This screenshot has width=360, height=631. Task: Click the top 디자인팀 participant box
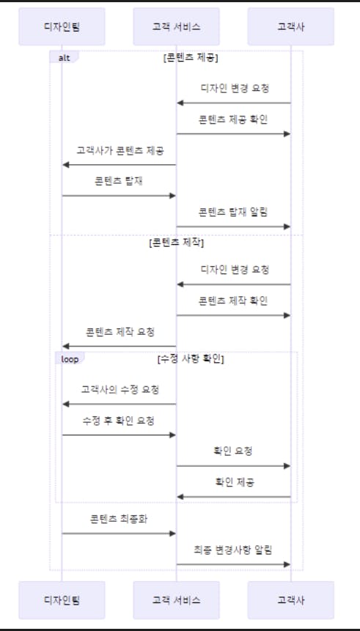[x=62, y=26]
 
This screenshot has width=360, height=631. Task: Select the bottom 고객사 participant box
[x=291, y=600]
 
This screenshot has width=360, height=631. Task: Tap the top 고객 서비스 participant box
[x=177, y=26]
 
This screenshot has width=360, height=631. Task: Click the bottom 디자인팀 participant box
[x=62, y=600]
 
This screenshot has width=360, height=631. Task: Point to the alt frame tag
[x=64, y=58]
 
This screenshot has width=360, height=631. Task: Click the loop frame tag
[x=70, y=358]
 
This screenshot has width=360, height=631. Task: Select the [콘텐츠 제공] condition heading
[x=191, y=58]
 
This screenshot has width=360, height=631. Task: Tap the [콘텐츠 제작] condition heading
[x=177, y=243]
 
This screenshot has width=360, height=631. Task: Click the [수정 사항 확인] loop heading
[x=191, y=359]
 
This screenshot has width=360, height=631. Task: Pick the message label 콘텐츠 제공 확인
[x=233, y=120]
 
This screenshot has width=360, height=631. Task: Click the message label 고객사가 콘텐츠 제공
[x=120, y=150]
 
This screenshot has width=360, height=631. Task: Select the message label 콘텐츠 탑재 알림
[x=233, y=213]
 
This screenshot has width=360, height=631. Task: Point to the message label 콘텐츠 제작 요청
[x=120, y=332]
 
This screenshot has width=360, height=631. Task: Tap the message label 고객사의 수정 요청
[x=120, y=390]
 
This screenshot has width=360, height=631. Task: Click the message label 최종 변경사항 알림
[x=233, y=550]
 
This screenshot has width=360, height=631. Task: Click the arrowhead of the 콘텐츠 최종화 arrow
[x=173, y=534]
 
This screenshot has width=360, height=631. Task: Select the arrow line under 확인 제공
[x=234, y=497]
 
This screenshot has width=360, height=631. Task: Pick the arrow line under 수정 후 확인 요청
[x=119, y=435]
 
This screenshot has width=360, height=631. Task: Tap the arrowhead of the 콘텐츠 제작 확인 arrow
[x=287, y=315]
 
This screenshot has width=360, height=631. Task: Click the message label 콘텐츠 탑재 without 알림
[x=119, y=182]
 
